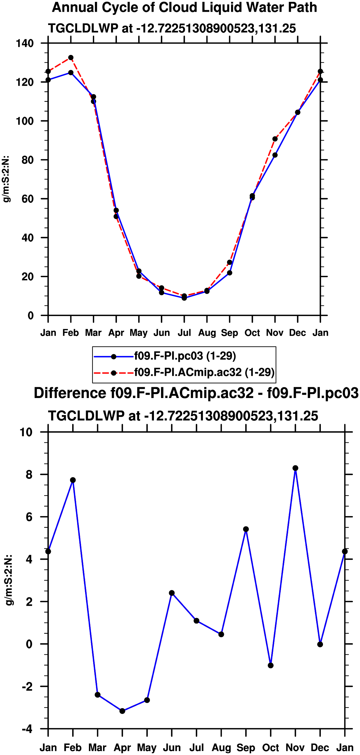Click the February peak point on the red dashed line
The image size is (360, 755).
(71, 58)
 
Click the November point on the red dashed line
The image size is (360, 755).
(275, 139)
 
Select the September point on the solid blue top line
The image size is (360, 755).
(230, 273)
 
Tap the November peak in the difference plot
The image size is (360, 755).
(295, 468)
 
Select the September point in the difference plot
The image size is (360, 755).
(246, 529)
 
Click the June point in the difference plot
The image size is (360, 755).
(172, 593)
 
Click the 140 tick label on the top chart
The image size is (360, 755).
(25, 43)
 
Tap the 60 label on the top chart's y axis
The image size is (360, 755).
(28, 199)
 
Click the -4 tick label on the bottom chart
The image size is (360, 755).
(27, 729)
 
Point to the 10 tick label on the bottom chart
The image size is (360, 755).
(26, 432)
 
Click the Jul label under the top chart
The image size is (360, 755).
(184, 333)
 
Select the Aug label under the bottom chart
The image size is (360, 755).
(221, 748)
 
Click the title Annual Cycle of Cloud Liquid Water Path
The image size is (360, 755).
(184, 7)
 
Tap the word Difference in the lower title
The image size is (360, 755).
(70, 393)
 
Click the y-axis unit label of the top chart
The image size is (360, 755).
(6, 179)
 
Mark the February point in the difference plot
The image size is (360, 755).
(73, 480)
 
